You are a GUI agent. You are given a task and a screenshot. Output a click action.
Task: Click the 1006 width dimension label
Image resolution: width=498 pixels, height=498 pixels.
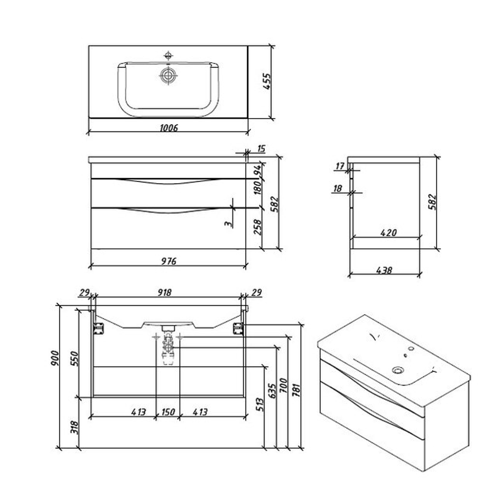pos(169,128)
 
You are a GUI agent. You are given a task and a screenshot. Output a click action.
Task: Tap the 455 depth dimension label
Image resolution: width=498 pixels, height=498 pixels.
pos(267,81)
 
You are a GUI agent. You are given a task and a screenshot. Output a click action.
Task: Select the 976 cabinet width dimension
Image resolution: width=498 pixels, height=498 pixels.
pos(169,261)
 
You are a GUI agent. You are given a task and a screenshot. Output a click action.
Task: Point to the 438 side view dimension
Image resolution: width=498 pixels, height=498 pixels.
pos(384,270)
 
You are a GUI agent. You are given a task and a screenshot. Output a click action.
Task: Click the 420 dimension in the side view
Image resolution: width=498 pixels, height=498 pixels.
pos(388,233)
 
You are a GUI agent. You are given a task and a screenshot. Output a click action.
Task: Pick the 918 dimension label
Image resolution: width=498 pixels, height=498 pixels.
pos(165,292)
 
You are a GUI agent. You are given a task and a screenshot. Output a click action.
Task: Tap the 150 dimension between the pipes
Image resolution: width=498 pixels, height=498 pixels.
pos(168,412)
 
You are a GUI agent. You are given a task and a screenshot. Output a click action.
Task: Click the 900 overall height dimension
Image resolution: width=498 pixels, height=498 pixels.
pos(55,358)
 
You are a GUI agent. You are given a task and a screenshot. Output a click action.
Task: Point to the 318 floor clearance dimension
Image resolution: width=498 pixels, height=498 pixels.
pos(74,427)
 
